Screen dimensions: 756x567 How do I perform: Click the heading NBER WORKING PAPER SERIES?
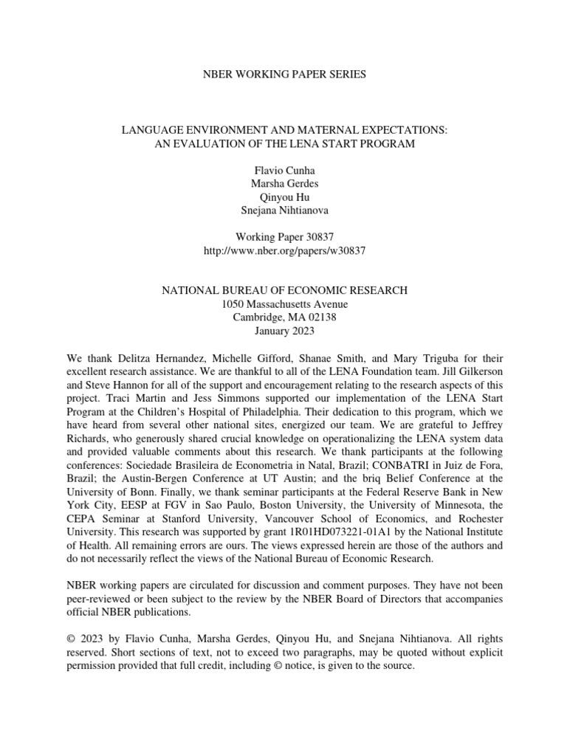click(x=283, y=75)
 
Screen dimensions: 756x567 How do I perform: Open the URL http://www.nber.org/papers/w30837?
click(x=283, y=251)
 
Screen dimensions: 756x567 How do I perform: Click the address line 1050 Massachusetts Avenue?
click(x=283, y=304)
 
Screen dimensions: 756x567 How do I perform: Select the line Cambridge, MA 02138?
click(x=283, y=318)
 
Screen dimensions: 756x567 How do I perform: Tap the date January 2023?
click(x=283, y=332)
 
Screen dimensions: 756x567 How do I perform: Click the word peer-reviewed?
click(x=100, y=599)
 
